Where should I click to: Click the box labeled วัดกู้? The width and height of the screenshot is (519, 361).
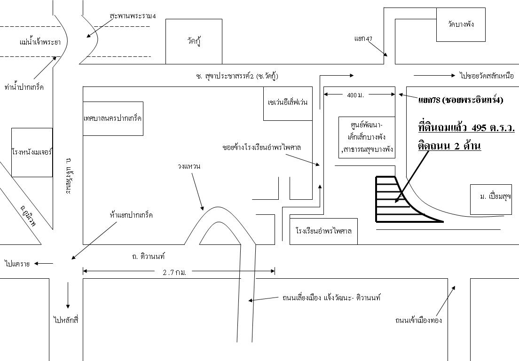[194, 41]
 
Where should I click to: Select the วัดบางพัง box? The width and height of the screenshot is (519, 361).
[461, 24]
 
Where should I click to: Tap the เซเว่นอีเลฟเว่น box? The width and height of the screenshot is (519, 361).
[288, 103]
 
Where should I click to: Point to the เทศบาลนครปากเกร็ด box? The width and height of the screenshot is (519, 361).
[113, 118]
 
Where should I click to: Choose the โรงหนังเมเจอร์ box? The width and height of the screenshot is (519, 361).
[32, 152]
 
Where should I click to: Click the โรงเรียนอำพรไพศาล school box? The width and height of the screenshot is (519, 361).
[323, 231]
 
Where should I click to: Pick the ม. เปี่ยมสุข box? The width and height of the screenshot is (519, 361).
[491, 199]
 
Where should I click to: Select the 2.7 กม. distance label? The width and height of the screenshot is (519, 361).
[175, 272]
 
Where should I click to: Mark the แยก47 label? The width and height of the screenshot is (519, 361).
[363, 39]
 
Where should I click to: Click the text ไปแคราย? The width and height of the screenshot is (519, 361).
[17, 264]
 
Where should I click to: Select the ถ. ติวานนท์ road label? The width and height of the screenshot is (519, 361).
[149, 257]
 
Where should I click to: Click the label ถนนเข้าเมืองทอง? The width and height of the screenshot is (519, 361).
[418, 321]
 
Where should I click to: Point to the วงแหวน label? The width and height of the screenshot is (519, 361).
[189, 166]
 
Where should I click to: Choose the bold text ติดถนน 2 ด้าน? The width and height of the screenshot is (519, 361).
[449, 146]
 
